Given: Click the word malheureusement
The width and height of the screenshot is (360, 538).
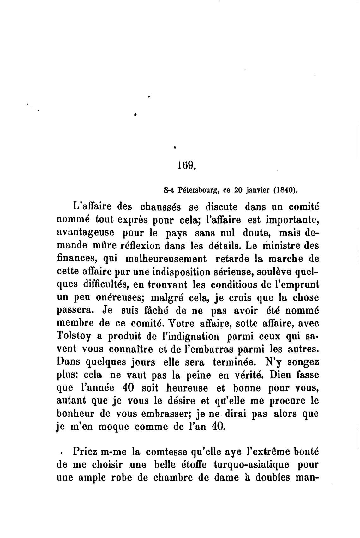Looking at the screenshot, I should point(166,259).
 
